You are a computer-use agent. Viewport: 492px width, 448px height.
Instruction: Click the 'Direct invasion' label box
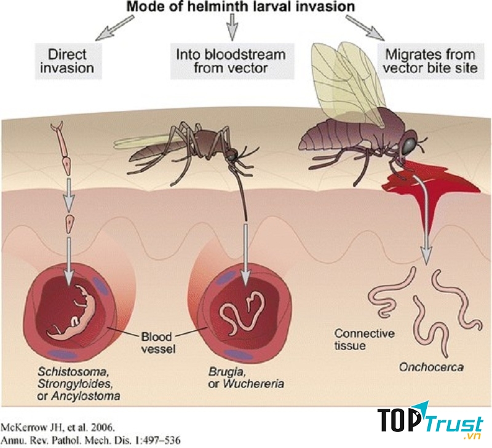point(67,61)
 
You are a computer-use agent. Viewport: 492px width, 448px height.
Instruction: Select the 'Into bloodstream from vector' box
point(232,61)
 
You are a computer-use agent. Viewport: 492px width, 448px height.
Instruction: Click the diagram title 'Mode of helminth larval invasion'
point(240,6)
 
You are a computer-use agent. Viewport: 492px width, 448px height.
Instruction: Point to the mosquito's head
point(232,155)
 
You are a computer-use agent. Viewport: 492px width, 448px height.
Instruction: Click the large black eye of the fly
point(410,145)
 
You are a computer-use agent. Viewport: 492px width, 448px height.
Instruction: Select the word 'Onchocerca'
point(431,367)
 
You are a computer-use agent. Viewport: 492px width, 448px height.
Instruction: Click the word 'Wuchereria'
point(254,383)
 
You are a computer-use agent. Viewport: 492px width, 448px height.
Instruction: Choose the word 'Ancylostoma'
point(85,396)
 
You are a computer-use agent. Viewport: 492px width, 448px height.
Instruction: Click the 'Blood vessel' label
point(157,343)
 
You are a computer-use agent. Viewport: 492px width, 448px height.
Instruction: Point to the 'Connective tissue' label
point(364,339)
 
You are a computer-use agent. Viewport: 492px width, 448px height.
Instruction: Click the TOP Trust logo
point(430,420)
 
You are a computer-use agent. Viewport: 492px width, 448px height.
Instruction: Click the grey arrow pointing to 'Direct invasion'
point(115,28)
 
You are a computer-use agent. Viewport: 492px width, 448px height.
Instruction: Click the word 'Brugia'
point(226,372)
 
